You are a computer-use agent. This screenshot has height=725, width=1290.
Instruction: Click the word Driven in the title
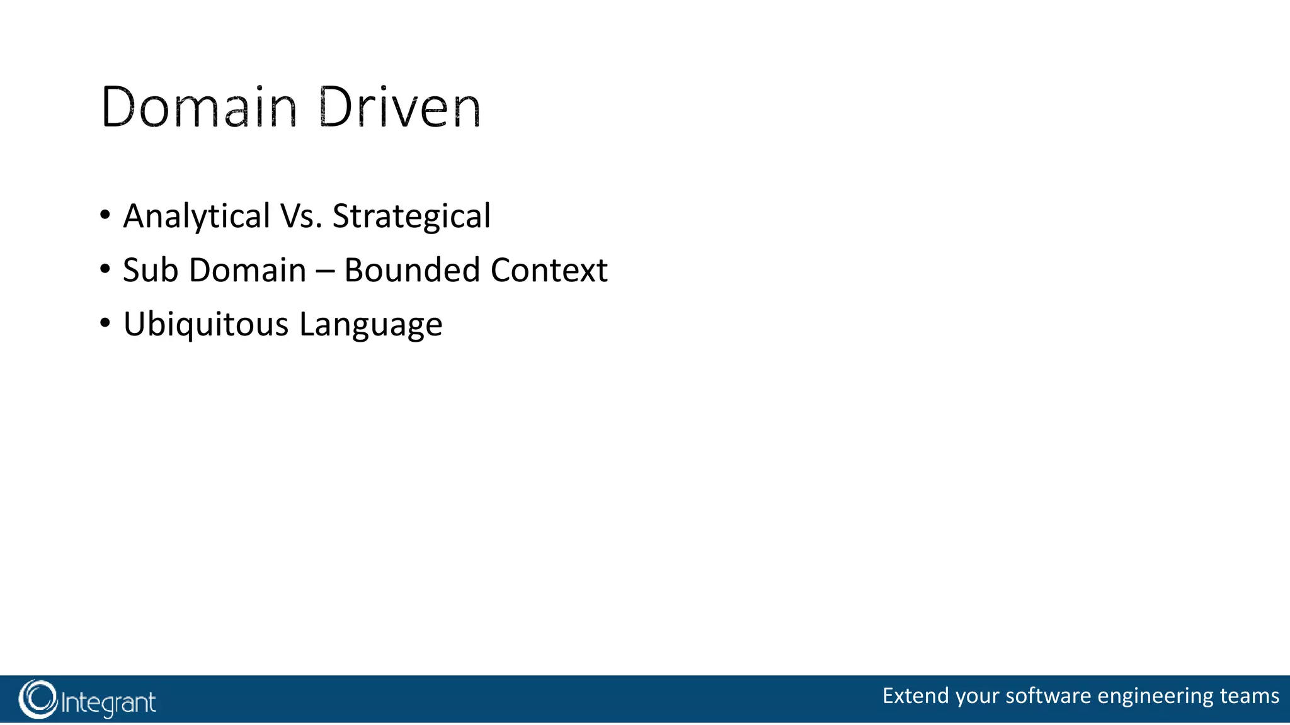(399, 108)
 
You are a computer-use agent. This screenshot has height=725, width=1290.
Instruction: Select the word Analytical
(197, 216)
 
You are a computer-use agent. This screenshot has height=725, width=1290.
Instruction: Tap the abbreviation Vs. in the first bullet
(301, 216)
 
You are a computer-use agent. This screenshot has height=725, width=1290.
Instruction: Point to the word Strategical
(411, 216)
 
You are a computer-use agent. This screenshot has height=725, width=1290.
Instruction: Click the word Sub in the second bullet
(151, 270)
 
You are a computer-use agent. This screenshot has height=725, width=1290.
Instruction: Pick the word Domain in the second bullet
(248, 270)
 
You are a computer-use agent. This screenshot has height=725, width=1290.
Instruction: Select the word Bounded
(412, 270)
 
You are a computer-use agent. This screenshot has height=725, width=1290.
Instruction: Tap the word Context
(549, 270)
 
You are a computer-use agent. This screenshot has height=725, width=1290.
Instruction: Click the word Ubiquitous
(205, 325)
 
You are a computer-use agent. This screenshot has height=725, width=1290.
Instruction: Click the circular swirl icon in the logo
(38, 699)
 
